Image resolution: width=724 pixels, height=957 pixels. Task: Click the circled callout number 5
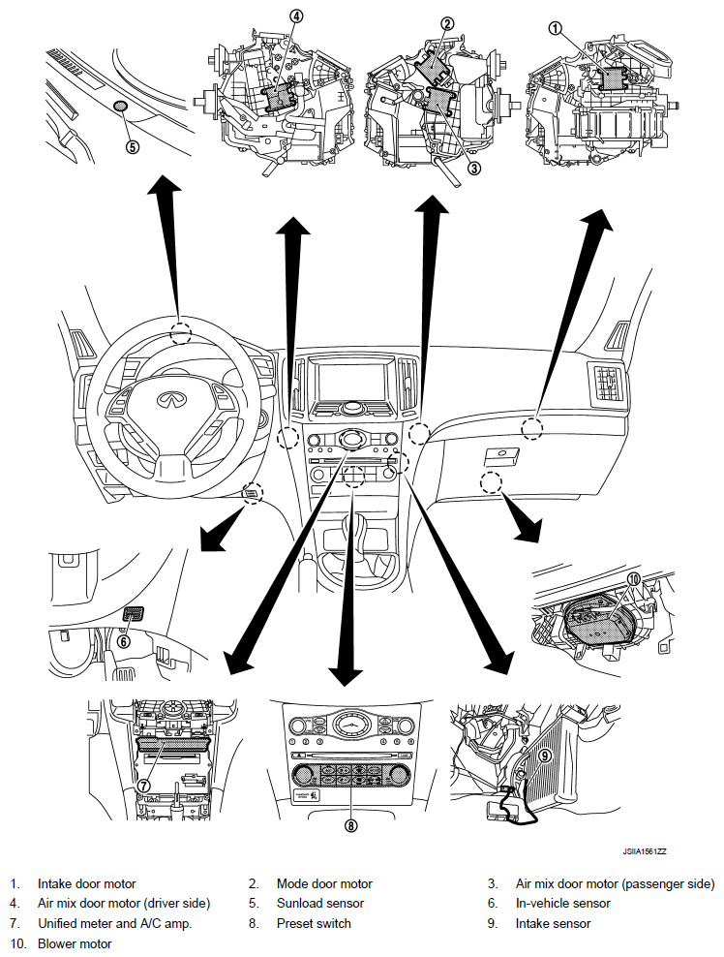133,147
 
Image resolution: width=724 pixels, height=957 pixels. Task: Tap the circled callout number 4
296,16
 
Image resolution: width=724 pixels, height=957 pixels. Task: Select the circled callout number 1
555,29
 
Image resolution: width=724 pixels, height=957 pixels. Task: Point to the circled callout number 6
123,640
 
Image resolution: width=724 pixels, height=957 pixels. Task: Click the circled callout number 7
142,785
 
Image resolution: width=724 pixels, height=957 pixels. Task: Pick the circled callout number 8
350,826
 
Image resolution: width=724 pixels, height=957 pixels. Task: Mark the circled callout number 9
544,755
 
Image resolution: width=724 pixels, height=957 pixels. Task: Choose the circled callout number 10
634,579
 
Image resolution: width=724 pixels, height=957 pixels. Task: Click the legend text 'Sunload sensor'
318,903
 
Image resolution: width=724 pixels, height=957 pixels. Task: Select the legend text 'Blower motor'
75,943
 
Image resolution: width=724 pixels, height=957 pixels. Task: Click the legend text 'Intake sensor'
553,923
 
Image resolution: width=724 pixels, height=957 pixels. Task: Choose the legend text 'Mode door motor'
324,883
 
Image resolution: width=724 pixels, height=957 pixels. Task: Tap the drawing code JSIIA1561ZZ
645,851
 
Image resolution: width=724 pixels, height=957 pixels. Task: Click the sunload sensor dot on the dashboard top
121,105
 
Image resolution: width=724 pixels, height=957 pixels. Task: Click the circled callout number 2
447,23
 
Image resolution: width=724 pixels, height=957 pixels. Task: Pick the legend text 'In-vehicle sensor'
563,903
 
